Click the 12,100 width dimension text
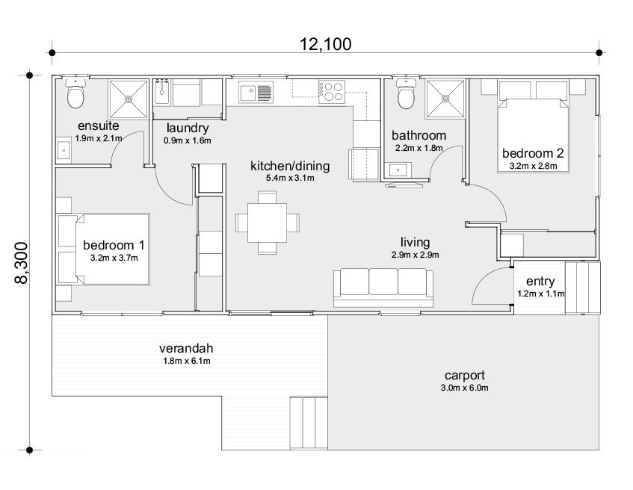(x=325, y=44)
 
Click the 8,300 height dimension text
(x=22, y=263)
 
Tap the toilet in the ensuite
(x=75, y=93)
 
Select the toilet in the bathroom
(x=406, y=93)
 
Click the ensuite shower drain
(x=129, y=99)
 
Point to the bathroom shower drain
(x=445, y=99)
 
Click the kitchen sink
(x=256, y=93)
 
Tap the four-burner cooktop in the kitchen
(x=332, y=92)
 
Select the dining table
(x=268, y=223)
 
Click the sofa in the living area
(x=383, y=288)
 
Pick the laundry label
(x=188, y=128)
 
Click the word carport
(x=465, y=376)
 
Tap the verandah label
(x=186, y=348)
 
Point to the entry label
(x=540, y=282)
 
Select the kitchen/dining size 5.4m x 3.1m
(x=290, y=178)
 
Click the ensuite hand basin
(x=64, y=151)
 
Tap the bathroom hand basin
(x=398, y=170)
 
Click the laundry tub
(x=162, y=92)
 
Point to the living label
(x=415, y=242)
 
